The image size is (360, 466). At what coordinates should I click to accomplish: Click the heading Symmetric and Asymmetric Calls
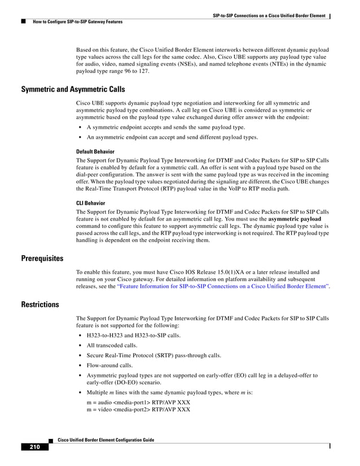coord(73,90)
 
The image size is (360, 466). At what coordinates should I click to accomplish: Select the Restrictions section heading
coord(39,305)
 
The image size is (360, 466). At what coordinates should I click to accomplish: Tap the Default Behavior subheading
coord(95,152)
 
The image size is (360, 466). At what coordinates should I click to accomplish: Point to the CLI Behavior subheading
coord(90,202)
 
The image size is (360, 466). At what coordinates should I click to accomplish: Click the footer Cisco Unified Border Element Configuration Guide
coord(102,439)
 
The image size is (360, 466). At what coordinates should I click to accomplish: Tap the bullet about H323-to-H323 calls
coord(130,335)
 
